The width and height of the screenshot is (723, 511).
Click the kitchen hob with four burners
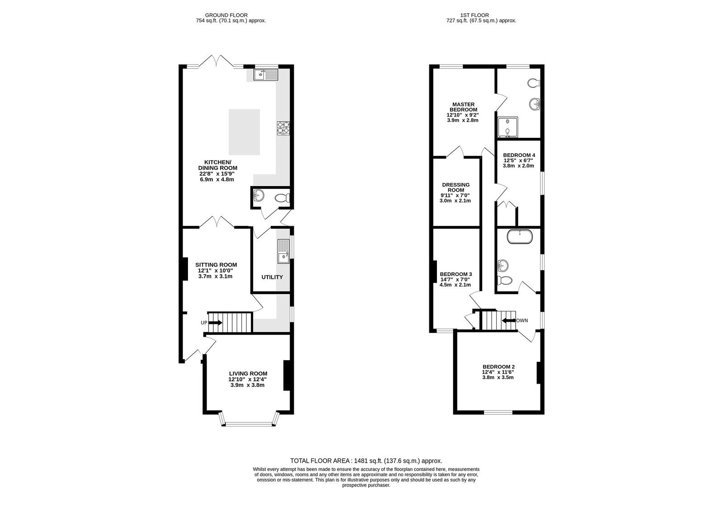(x=283, y=128)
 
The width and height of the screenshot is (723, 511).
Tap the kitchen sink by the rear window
(x=266, y=75)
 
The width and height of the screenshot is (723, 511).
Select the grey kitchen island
(x=244, y=132)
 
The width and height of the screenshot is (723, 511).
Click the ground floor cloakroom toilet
(x=282, y=197)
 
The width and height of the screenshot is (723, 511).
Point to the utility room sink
(x=283, y=252)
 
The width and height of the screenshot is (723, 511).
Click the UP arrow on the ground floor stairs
(x=216, y=323)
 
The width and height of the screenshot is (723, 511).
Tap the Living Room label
(x=248, y=374)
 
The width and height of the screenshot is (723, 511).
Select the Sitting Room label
(x=216, y=265)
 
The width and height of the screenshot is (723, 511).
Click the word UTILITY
(x=272, y=277)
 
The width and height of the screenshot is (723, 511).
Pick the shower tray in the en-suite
(x=508, y=127)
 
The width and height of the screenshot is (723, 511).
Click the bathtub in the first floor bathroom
(x=520, y=236)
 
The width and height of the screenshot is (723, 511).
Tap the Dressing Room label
(x=456, y=187)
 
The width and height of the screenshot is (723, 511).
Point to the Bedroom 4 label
(x=519, y=155)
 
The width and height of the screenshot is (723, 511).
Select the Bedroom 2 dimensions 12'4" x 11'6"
(x=498, y=372)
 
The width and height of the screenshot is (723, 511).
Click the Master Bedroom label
(x=464, y=107)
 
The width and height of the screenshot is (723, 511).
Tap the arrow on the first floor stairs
(x=509, y=320)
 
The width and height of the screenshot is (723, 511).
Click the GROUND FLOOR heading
(x=226, y=15)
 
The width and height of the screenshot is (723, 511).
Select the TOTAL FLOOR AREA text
(x=321, y=461)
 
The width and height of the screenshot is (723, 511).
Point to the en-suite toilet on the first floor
(x=534, y=83)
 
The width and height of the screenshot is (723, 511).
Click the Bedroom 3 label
(x=456, y=274)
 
